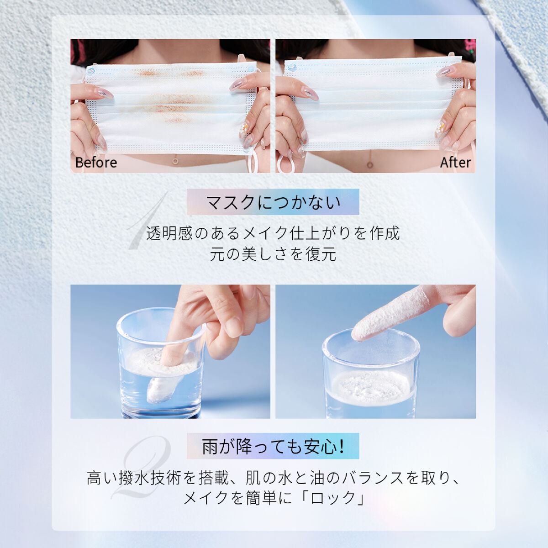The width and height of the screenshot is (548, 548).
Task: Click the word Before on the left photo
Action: click(96, 163)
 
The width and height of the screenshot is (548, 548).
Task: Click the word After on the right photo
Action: click(455, 163)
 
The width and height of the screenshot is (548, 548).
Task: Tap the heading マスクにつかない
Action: click(273, 202)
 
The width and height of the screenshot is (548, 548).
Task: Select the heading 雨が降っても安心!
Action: click(273, 446)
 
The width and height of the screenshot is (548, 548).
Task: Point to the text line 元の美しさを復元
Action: click(273, 254)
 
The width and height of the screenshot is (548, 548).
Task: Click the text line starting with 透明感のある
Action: click(273, 233)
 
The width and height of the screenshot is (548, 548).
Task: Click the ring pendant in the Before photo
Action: click(175, 161)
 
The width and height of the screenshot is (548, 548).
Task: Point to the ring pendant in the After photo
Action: click(370, 164)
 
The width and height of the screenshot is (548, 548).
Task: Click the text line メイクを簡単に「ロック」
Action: click(273, 498)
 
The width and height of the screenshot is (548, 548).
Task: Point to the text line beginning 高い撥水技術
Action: click(273, 478)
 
